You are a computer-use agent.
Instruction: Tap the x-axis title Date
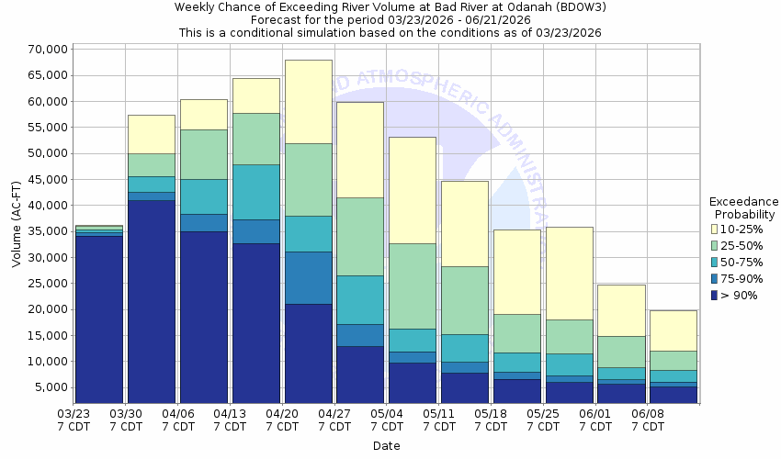(386, 446)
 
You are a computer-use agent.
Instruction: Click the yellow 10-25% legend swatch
(715, 229)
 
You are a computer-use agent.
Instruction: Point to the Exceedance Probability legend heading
(743, 207)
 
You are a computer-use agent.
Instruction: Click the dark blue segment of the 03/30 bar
(151, 303)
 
